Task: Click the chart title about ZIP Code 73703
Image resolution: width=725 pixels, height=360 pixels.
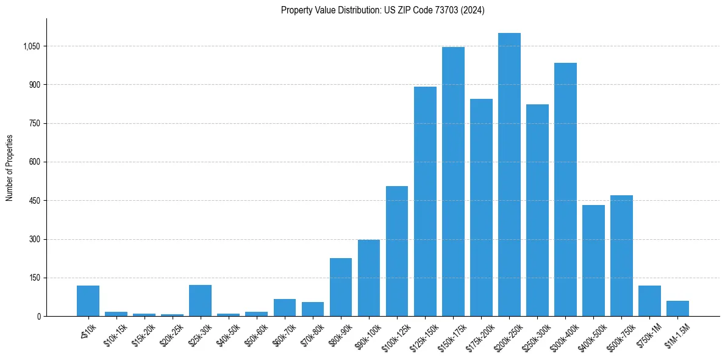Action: click(382, 10)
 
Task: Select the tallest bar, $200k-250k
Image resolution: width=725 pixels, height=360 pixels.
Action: click(509, 175)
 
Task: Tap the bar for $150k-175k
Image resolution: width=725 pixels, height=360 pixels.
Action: click(453, 182)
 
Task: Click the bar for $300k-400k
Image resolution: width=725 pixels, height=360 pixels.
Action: click(565, 190)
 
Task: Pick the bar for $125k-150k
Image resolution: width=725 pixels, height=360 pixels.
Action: click(425, 201)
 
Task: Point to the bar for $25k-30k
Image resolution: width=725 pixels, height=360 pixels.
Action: click(200, 301)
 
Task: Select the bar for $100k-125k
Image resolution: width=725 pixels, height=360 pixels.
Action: click(397, 251)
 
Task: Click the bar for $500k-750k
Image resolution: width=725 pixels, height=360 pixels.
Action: click(621, 256)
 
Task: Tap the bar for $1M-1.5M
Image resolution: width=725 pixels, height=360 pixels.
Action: click(677, 309)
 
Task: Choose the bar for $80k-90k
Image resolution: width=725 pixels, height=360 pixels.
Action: click(341, 287)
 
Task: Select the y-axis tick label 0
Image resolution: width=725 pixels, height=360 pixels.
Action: click(38, 317)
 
